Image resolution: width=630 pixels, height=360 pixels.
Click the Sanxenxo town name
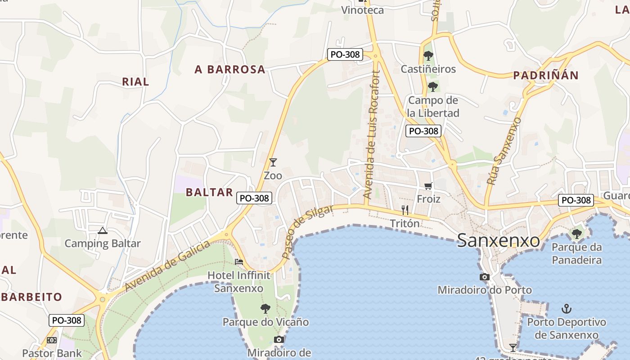498,240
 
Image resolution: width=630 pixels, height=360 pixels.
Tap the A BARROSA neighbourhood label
230,69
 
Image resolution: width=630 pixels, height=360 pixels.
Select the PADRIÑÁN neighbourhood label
545,75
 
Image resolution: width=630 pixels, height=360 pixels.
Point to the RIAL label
135,81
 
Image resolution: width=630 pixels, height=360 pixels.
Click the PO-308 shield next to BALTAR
254,198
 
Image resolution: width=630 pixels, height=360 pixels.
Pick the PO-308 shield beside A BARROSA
345,54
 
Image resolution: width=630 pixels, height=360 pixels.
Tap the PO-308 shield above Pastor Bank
67,320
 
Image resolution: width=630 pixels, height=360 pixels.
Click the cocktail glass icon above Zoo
273,162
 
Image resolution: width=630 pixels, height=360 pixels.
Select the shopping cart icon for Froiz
428,186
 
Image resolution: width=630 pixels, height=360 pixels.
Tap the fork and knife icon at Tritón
405,210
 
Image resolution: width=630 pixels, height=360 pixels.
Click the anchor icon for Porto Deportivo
567,309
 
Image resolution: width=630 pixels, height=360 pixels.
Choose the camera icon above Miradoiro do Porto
485,277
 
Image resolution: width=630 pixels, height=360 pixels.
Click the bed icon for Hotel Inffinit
239,261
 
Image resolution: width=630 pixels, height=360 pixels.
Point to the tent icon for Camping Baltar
103,231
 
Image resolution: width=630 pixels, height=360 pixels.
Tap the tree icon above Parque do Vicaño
265,309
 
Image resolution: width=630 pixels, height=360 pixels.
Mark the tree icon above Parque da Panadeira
576,234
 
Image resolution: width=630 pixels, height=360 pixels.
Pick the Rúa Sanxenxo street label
504,151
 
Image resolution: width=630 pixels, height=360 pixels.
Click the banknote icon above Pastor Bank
52,340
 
